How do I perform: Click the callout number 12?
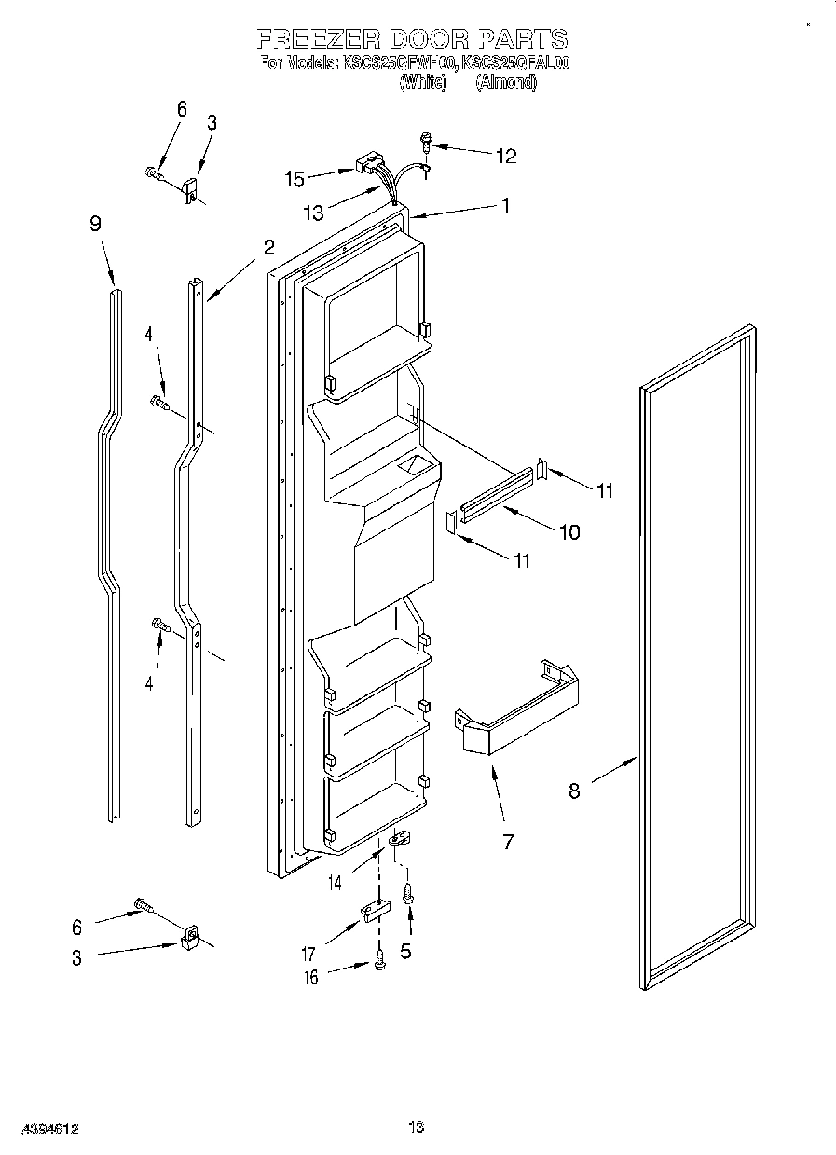(x=505, y=156)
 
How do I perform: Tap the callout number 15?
(x=295, y=176)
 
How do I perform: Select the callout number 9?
(x=95, y=224)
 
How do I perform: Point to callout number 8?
(x=574, y=791)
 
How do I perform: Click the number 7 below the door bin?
(x=508, y=843)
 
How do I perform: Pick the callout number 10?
(x=568, y=532)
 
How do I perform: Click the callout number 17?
(x=308, y=954)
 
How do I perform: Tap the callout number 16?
(x=311, y=977)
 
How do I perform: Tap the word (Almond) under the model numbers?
(x=506, y=82)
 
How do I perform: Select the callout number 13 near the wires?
(x=314, y=213)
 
